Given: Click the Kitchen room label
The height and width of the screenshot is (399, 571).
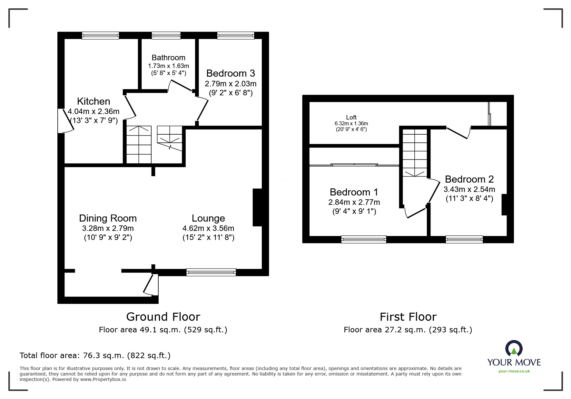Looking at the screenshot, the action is click(x=94, y=101).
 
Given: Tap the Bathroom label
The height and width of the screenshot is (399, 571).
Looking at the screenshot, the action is click(x=169, y=58).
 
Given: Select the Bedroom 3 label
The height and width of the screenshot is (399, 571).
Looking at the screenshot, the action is click(x=231, y=73).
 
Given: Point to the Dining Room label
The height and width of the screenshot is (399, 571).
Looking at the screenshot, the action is click(x=108, y=218).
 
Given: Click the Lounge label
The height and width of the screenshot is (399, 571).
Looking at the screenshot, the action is click(x=208, y=218).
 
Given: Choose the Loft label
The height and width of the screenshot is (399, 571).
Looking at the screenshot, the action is click(x=351, y=118).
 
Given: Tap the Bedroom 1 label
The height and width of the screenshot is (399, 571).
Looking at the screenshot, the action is click(x=354, y=192).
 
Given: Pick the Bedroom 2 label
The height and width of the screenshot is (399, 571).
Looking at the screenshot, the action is click(x=469, y=179).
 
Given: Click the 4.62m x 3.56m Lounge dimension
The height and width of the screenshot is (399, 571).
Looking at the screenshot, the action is click(x=208, y=228).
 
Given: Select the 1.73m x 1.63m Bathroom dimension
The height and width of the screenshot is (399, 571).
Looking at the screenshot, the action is click(x=169, y=66).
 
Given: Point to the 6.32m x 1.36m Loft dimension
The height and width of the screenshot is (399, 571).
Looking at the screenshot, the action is click(x=351, y=124).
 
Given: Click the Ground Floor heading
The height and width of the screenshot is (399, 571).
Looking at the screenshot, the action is click(x=163, y=317).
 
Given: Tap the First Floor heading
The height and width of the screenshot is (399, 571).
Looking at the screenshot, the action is click(x=408, y=317).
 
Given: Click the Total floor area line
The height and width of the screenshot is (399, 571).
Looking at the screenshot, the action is click(x=95, y=356).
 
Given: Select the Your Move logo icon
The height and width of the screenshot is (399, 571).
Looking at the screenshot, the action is click(x=514, y=348).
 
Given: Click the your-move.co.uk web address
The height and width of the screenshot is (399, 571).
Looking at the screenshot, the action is click(x=514, y=371).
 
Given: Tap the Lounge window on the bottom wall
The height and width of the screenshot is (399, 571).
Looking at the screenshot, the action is click(x=211, y=272).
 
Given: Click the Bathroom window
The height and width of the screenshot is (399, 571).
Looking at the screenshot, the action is click(x=166, y=35).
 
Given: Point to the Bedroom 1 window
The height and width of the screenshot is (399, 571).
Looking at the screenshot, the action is click(x=364, y=239).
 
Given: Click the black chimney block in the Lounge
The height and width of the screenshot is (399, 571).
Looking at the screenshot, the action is click(x=257, y=207).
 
